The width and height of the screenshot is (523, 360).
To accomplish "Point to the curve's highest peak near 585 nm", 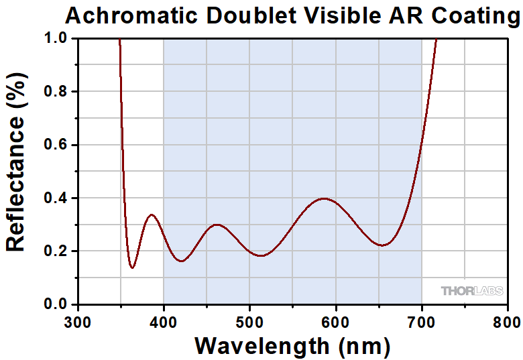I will (325, 198).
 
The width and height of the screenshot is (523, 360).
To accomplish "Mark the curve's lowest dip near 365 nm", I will (133, 267).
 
